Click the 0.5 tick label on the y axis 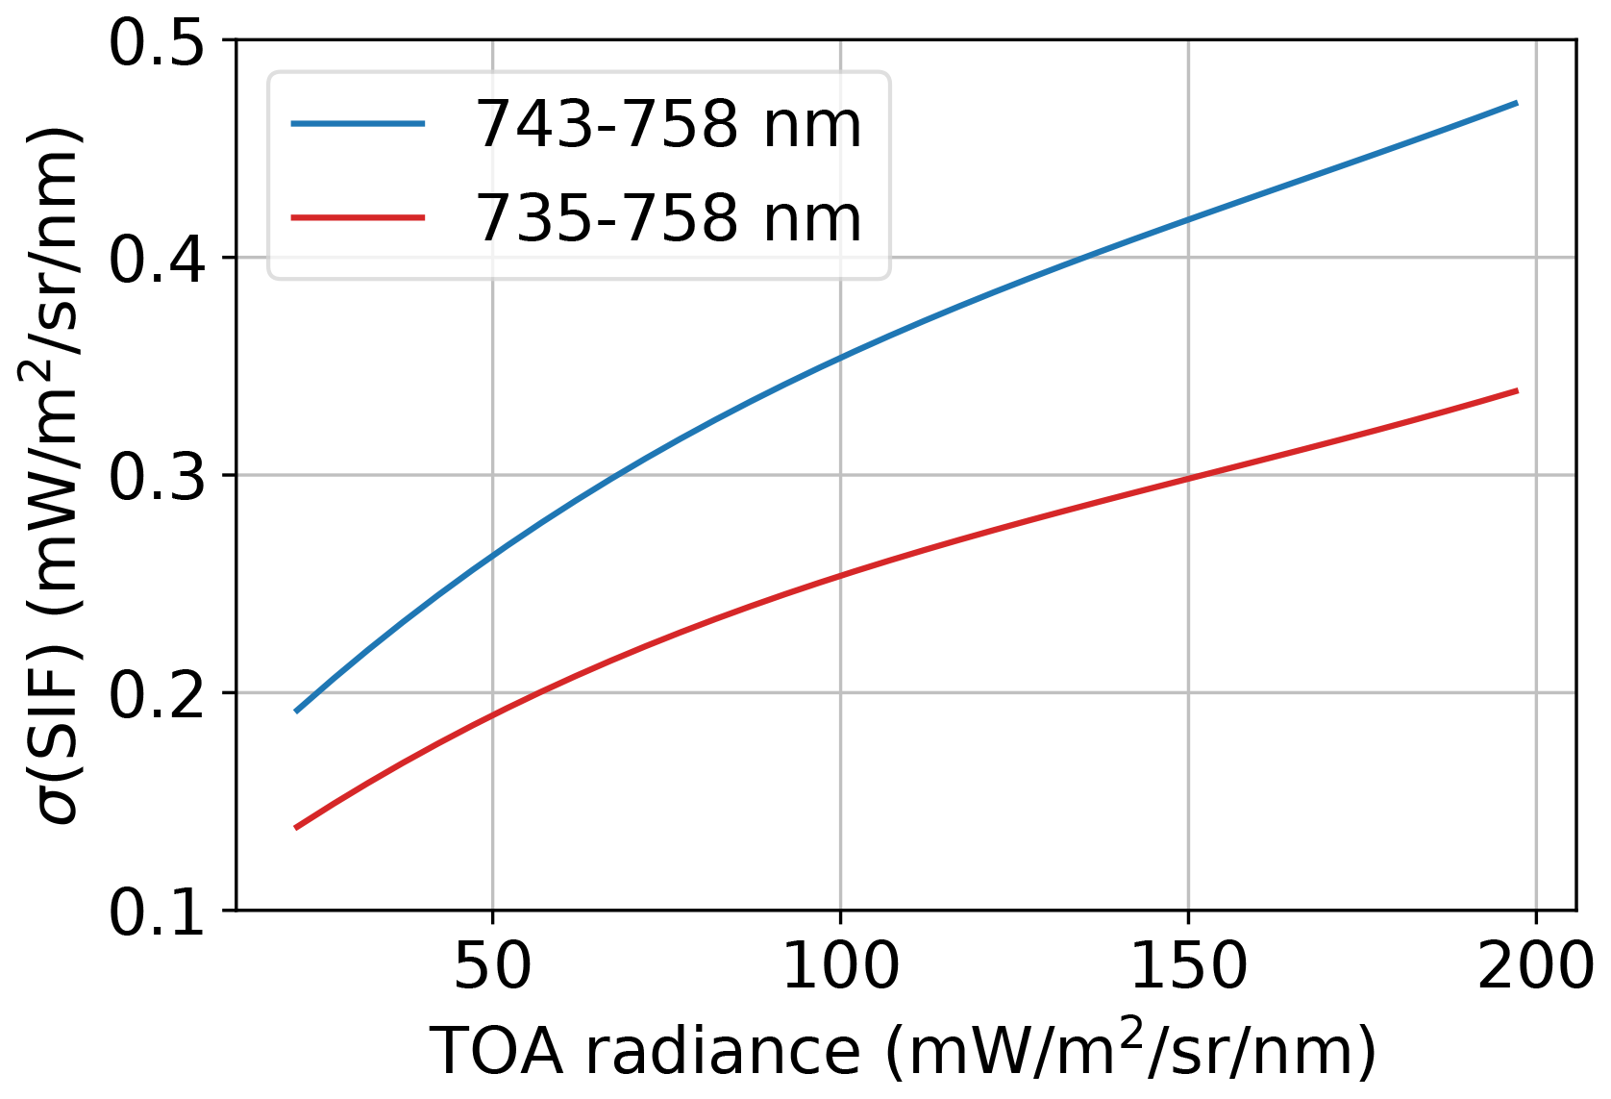click(157, 42)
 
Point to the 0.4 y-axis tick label click(157, 259)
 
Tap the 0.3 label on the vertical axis click(157, 476)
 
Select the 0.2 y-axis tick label click(157, 693)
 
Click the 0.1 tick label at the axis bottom click(157, 911)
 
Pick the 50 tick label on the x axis click(492, 966)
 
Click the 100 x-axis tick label click(841, 966)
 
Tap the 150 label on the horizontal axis click(1189, 966)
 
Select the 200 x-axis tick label click(1535, 966)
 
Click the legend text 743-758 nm click(669, 125)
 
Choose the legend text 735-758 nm click(669, 218)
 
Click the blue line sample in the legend click(358, 124)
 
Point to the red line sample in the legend click(358, 217)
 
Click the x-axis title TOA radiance click(904, 1051)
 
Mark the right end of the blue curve click(1517, 102)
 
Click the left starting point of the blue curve click(296, 712)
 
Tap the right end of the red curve click(1517, 390)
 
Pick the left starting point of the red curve click(296, 827)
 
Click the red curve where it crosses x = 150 click(1189, 478)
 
